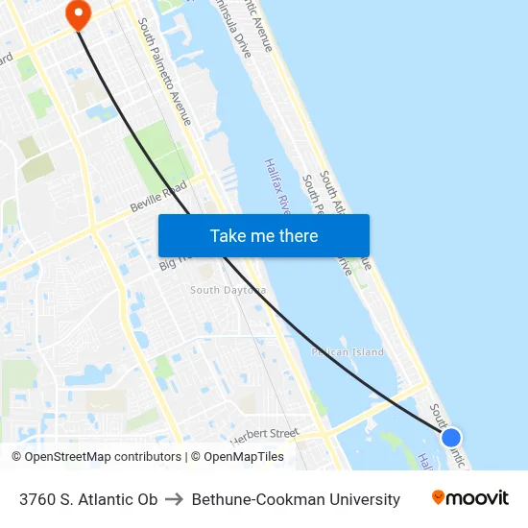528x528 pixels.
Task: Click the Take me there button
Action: [x=263, y=235]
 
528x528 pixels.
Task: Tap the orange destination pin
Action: [x=76, y=12]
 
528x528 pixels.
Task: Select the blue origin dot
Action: [x=450, y=438]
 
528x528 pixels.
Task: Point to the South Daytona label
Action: [x=228, y=290]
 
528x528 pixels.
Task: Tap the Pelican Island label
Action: [x=348, y=352]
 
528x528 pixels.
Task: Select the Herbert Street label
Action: [x=264, y=434]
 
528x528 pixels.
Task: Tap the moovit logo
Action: [x=469, y=498]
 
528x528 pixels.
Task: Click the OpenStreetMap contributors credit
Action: [x=96, y=457]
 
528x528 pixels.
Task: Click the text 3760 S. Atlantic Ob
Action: [x=88, y=499]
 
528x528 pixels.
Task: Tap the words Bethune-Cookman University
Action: [x=296, y=499]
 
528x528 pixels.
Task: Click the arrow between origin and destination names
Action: [x=175, y=499]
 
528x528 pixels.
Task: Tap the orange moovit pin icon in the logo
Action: [x=439, y=497]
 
